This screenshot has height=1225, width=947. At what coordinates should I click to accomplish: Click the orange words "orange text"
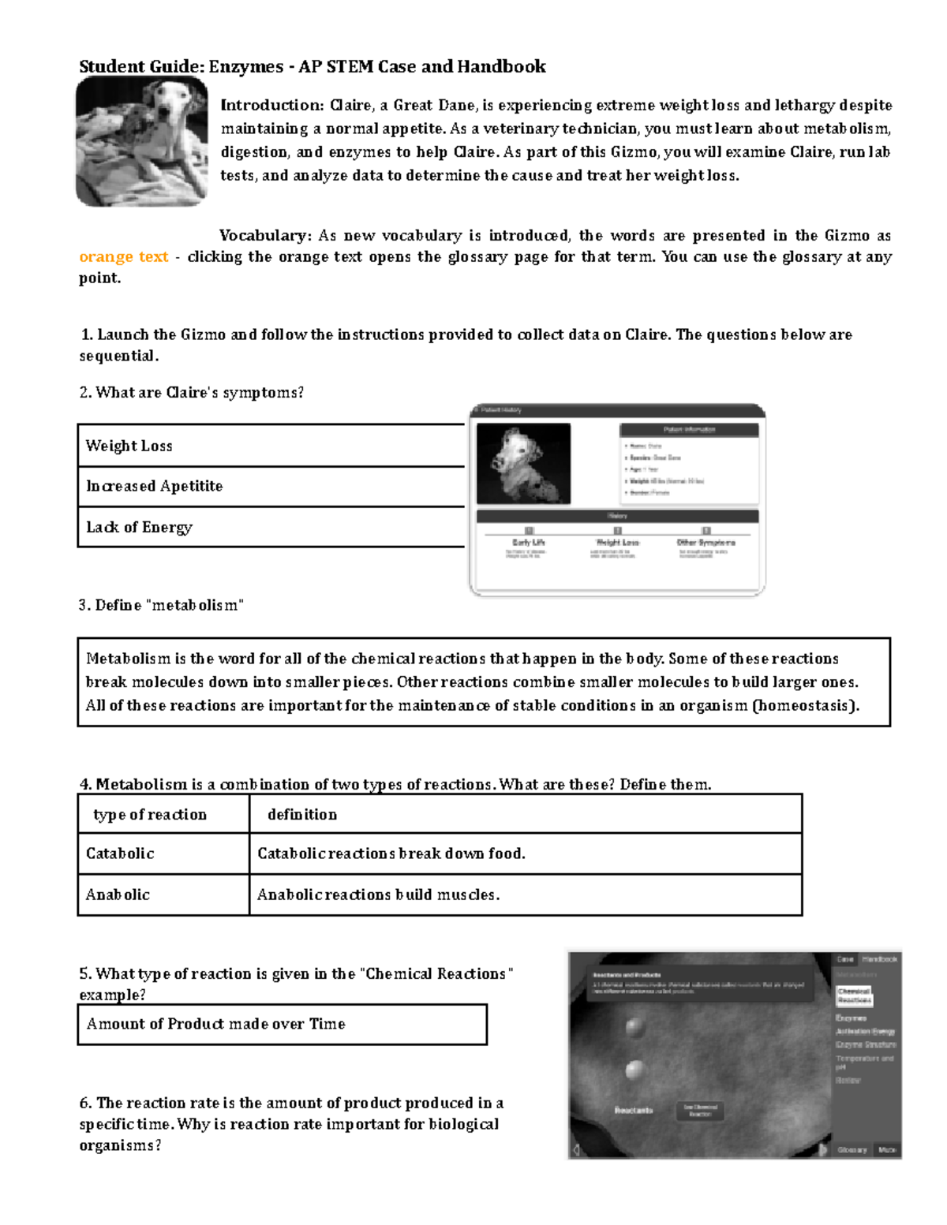click(x=124, y=257)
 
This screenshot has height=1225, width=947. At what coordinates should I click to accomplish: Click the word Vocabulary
click(x=265, y=236)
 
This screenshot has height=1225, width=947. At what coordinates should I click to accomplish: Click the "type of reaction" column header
click(x=150, y=815)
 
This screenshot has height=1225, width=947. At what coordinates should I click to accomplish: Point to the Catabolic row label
click(x=120, y=854)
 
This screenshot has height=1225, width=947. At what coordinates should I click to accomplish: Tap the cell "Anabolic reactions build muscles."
click(x=378, y=895)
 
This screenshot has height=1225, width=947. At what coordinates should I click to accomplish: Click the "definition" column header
click(x=302, y=815)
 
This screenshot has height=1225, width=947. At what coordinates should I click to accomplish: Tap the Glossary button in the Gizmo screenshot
click(x=852, y=1150)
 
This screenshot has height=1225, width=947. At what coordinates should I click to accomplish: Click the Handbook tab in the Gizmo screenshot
click(x=879, y=959)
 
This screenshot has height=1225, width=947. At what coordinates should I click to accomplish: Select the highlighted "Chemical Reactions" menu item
click(x=854, y=995)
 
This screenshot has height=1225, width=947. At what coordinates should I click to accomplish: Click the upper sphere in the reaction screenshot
click(x=634, y=1027)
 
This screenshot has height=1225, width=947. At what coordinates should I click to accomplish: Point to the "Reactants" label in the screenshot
click(x=634, y=1110)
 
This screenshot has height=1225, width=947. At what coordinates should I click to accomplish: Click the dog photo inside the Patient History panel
click(x=523, y=463)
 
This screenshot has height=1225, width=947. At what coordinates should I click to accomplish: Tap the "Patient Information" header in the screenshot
click(x=689, y=430)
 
